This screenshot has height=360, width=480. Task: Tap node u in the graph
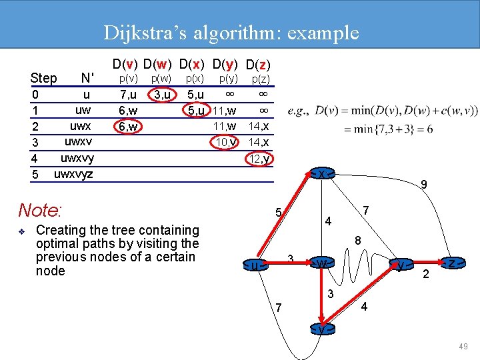(255, 266)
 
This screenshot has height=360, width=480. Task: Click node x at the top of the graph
(321, 174)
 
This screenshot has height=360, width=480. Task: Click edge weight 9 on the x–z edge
(423, 184)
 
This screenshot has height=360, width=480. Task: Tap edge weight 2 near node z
(425, 275)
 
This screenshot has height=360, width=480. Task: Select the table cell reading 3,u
(161, 95)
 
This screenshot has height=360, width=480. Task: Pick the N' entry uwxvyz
(73, 175)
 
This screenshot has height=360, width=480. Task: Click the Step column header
(44, 79)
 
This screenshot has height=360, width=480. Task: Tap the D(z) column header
(257, 65)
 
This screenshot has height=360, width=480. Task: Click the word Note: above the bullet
(40, 211)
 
